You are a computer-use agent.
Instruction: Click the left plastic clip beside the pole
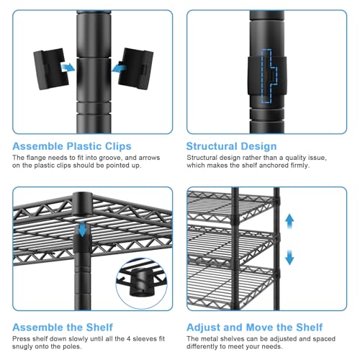point(51,69)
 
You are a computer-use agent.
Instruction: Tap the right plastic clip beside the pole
point(136,69)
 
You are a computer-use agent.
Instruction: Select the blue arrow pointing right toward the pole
point(68,67)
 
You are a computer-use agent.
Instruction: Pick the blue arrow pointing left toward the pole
point(120,68)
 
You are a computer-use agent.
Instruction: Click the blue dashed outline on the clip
point(269,76)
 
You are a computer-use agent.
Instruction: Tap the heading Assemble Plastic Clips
point(72,146)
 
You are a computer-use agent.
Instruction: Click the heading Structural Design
point(231,146)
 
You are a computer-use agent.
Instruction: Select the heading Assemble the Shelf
point(63,328)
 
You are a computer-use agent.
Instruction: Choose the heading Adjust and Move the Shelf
point(255,328)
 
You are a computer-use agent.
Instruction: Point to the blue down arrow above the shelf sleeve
point(83,229)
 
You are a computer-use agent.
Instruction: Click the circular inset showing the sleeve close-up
point(142,284)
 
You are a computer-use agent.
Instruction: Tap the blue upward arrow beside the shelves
point(289,221)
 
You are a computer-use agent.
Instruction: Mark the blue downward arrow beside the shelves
point(289,257)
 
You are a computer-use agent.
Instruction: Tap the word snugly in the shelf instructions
point(22,347)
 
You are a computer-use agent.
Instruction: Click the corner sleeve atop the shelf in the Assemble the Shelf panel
point(82,204)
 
